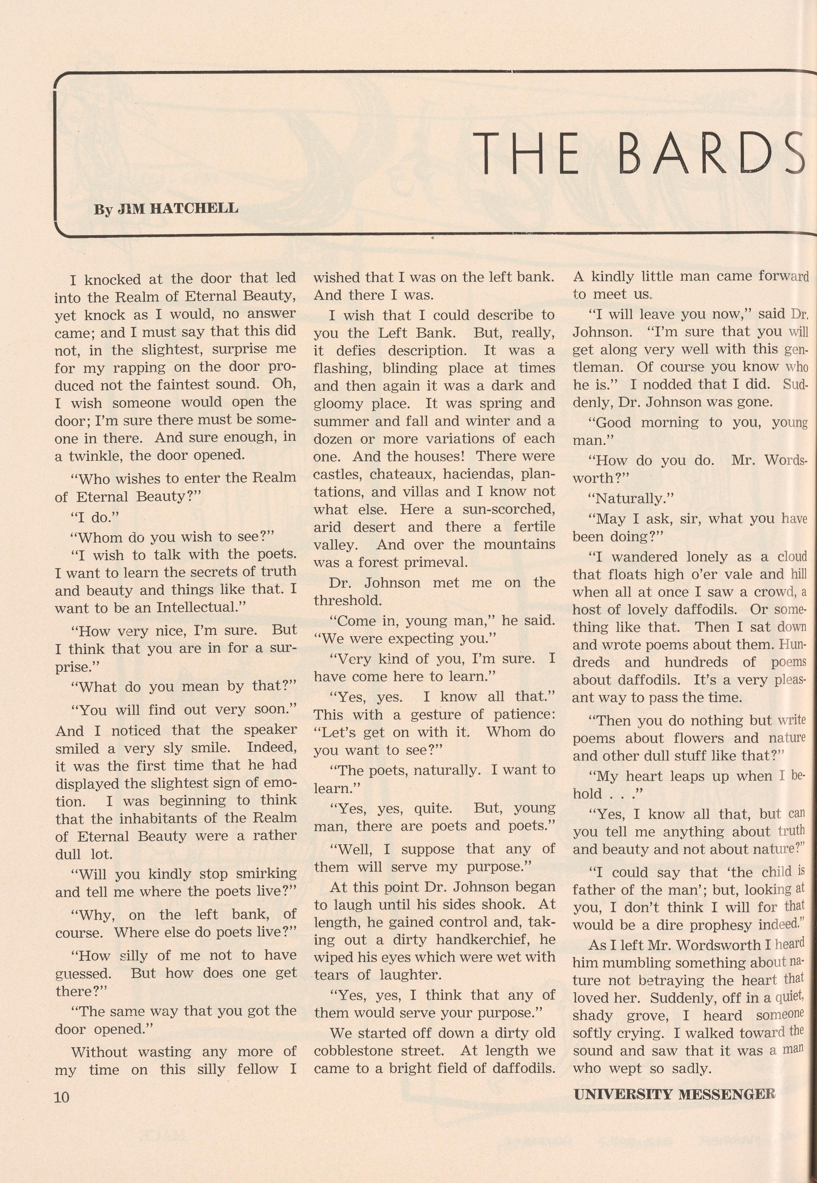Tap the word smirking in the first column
coord(264,873)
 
